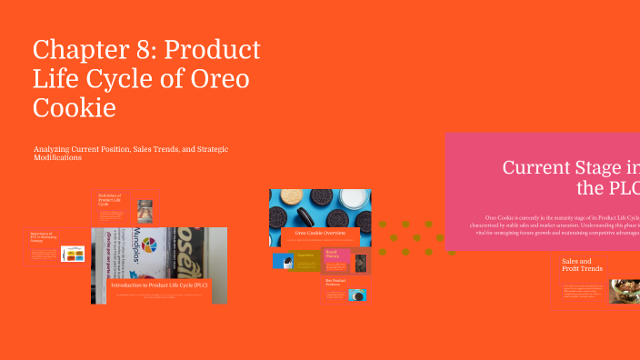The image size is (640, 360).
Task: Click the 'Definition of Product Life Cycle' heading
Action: coord(112,200)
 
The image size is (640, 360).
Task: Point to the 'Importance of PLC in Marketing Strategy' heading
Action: coord(42,238)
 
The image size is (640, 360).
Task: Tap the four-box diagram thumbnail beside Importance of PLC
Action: coord(73,254)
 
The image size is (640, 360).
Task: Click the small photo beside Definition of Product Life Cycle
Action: coord(145,210)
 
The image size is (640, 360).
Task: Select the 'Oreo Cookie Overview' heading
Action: coord(319,234)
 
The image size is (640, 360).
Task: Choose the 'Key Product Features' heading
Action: coord(334,282)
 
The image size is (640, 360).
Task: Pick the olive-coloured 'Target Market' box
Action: coord(306,260)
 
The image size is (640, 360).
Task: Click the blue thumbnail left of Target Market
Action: coord(282,261)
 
